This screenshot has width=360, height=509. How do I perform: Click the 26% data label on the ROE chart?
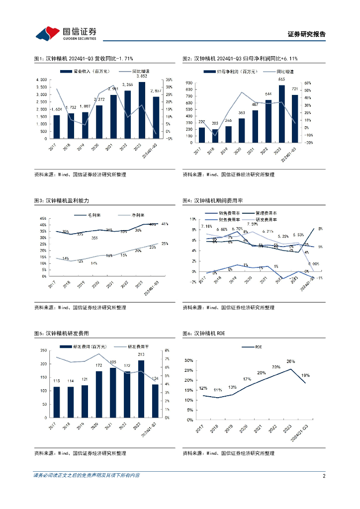[290, 361]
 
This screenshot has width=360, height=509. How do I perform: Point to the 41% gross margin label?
[165, 224]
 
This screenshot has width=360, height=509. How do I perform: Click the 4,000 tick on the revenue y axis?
[42, 80]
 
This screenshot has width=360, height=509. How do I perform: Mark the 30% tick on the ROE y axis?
[188, 360]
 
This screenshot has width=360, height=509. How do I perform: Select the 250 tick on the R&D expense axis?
[43, 351]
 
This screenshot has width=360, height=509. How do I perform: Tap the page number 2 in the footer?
[324, 476]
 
